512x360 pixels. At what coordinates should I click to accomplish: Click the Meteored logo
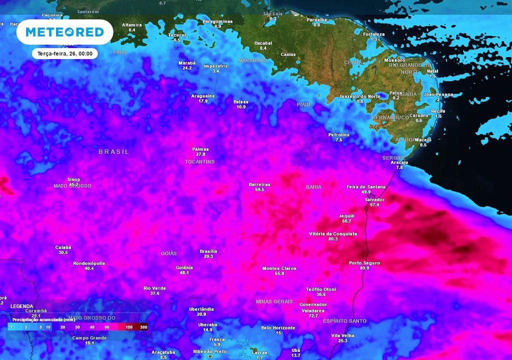point(64,32)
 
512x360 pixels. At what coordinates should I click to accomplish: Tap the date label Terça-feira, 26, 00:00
point(65,53)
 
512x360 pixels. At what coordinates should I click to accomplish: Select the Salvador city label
point(375,199)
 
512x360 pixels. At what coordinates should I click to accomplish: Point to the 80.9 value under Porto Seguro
point(364,268)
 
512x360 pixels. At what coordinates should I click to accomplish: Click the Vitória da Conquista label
point(333,233)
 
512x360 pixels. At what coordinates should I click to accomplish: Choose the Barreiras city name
point(259,184)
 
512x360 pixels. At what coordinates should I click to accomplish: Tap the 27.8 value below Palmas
point(200,154)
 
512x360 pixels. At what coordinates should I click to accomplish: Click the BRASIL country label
point(113,151)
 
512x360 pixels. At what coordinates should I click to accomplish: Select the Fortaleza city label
point(373,34)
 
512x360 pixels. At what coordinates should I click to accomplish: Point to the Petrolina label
point(338,135)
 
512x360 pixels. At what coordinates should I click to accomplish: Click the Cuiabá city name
point(63,247)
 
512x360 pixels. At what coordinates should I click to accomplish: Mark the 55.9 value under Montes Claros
point(279,273)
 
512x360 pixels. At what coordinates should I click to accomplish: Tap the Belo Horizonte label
point(278,328)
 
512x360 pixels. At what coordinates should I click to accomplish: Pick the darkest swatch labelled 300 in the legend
point(144,327)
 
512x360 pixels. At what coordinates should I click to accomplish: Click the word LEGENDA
point(22,306)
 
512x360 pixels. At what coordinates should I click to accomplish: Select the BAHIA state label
point(313,187)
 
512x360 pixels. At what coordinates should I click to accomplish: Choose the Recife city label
point(438,111)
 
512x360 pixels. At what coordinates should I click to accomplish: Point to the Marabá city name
point(187,62)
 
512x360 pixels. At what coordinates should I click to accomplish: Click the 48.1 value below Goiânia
point(184,272)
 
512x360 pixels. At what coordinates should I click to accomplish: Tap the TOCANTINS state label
point(199,162)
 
